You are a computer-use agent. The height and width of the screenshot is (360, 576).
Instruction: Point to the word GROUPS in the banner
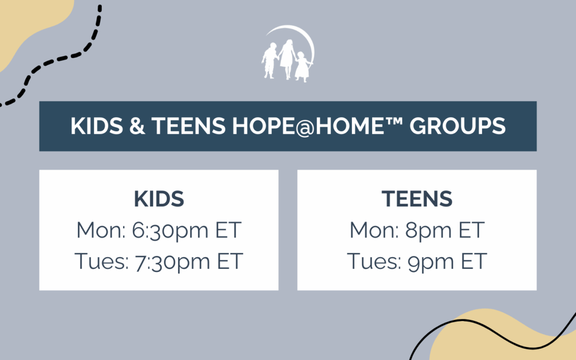coord(462,126)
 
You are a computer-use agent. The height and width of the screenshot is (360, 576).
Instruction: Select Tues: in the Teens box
coord(373,261)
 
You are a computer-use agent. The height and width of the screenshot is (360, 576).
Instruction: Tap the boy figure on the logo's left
coord(269,60)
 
